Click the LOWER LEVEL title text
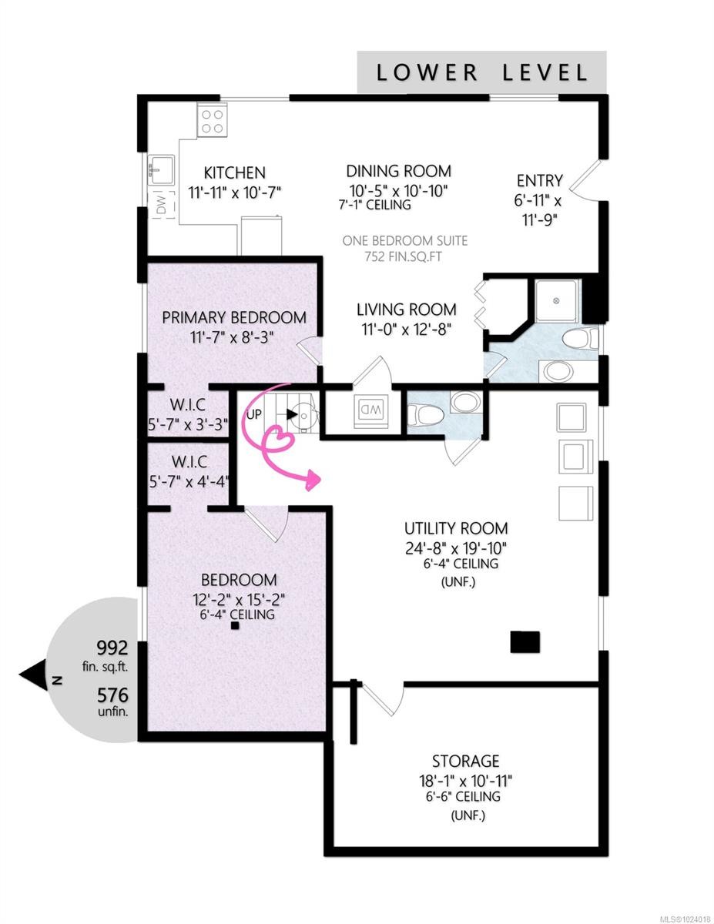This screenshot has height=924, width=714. click(481, 73)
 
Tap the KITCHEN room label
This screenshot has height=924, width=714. click(234, 173)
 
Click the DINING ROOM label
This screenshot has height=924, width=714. click(397, 171)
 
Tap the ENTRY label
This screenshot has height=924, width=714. click(539, 181)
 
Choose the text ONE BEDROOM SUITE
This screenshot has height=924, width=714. click(404, 241)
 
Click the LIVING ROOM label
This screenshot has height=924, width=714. click(406, 310)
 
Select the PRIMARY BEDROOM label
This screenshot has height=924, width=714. click(233, 317)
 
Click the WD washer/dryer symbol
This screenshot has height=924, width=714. click(369, 409)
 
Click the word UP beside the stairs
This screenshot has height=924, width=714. click(254, 414)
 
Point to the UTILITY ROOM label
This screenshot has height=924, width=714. click(456, 528)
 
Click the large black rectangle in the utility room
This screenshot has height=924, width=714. click(525, 641)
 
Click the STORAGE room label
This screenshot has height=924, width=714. click(465, 762)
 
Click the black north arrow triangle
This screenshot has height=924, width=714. click(34, 678)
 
